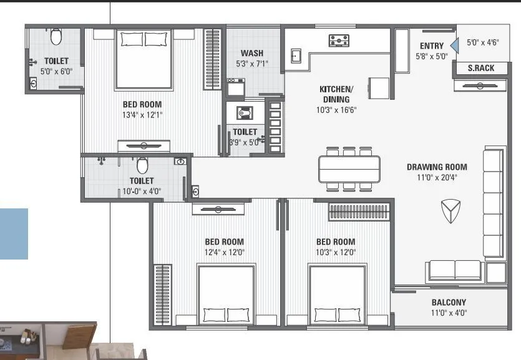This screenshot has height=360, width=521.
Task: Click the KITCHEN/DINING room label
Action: (x=336, y=94)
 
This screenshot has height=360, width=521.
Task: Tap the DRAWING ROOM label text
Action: (x=437, y=167)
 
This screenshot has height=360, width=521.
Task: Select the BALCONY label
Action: (x=449, y=303)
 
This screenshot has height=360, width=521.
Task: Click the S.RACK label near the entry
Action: (x=480, y=68)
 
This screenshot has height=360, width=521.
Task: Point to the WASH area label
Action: (x=251, y=53)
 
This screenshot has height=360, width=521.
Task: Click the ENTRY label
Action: (x=432, y=46)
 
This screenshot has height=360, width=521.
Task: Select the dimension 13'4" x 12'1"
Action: (x=142, y=114)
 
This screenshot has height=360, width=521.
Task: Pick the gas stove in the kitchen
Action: (x=339, y=41)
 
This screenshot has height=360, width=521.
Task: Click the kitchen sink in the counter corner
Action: (x=295, y=57)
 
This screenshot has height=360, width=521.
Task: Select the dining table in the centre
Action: (x=349, y=168)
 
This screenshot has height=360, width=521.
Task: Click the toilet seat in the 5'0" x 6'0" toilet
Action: (x=56, y=37)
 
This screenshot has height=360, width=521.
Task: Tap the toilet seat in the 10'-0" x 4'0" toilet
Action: (x=142, y=165)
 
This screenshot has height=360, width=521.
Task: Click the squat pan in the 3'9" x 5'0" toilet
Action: (x=241, y=113)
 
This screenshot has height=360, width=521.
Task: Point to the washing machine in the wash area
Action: (x=236, y=88)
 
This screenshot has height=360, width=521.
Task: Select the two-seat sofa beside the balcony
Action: (x=454, y=270)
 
